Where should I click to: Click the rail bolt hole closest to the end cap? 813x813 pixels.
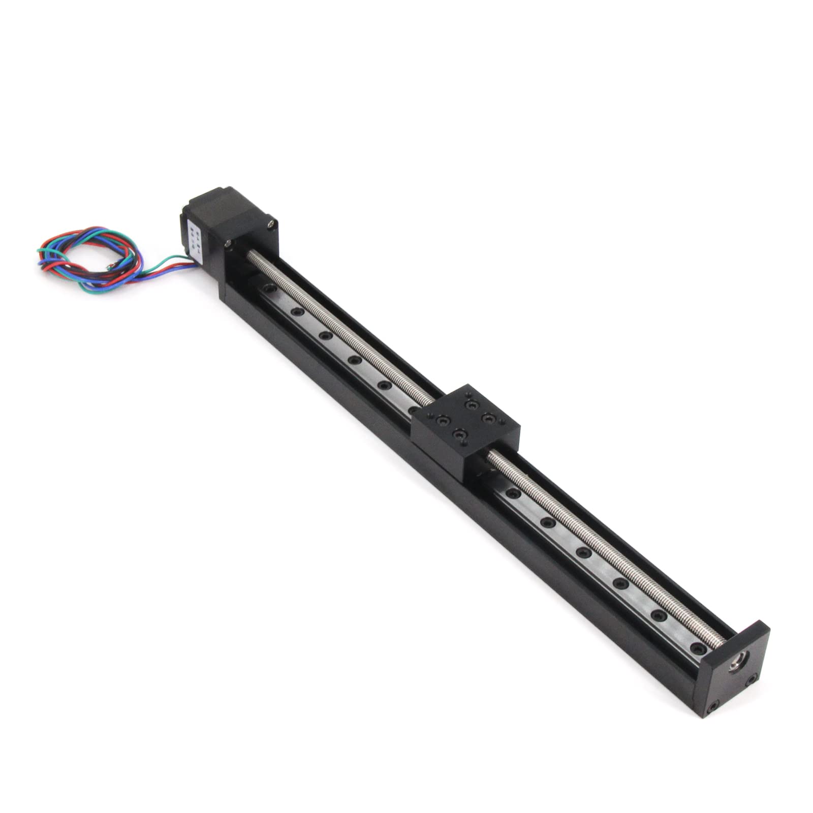coord(701,649)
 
